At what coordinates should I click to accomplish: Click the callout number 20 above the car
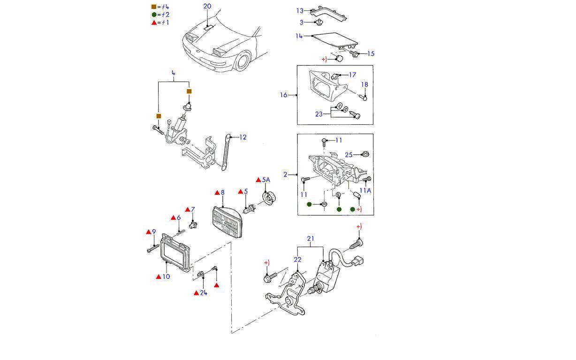(207, 6)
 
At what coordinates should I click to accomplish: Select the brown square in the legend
(154, 7)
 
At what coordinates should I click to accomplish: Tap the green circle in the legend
(154, 15)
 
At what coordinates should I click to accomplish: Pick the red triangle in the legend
(154, 22)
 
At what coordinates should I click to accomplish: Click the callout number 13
(300, 10)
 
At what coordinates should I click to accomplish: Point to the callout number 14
(299, 36)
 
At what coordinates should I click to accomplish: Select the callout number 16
(283, 95)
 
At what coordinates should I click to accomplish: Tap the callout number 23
(319, 114)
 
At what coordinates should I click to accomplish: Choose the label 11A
(365, 191)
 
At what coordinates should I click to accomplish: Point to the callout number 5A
(266, 180)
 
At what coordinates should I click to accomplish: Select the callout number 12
(243, 137)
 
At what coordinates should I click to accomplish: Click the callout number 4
(173, 73)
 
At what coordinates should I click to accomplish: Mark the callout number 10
(166, 276)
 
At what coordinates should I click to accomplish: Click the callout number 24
(203, 293)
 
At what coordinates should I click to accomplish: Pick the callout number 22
(297, 260)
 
